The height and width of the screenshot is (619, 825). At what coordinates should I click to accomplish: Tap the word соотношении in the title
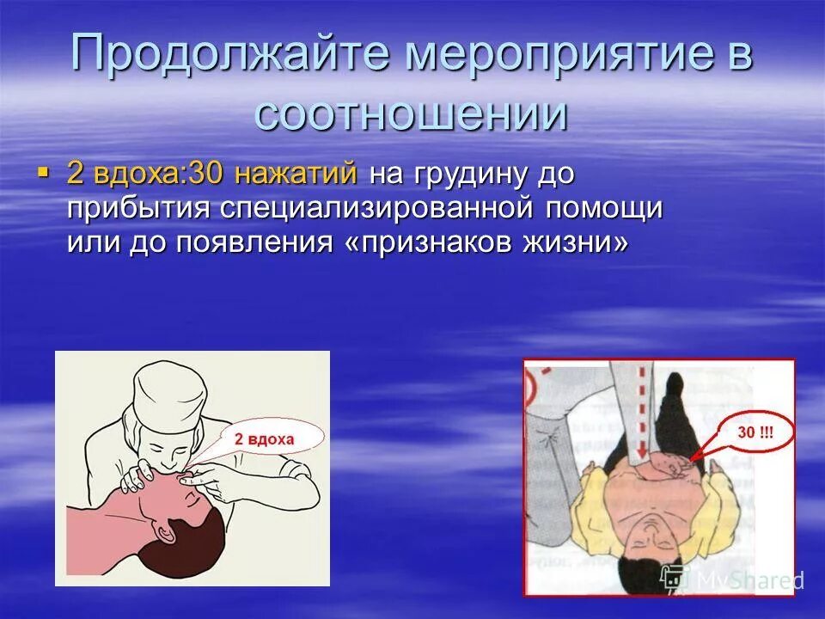412,113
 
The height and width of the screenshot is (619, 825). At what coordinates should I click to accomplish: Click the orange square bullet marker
43,174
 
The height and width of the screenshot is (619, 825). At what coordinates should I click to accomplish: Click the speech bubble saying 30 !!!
753,433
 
